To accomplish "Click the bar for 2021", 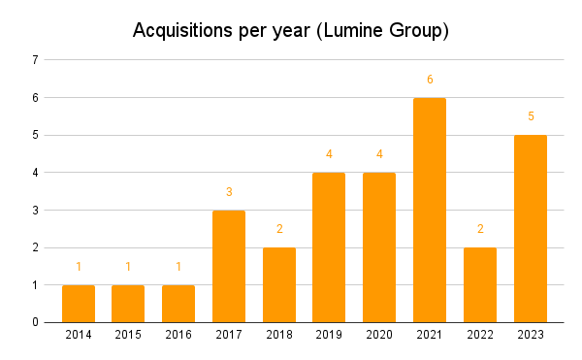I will [430, 210].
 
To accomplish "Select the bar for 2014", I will [79, 303].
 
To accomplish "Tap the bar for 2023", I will [531, 228].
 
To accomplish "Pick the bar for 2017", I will [229, 266].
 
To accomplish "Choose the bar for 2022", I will [480, 284].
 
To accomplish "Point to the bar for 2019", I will [329, 246].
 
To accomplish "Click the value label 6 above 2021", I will [430, 79].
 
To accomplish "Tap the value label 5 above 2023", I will [531, 116].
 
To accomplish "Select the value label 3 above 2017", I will [229, 192].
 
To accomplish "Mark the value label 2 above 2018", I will [279, 229].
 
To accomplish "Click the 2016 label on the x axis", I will [178, 335].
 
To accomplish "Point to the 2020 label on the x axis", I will [379, 335].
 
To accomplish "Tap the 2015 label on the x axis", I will [128, 335].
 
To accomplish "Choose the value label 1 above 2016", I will [178, 267].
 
